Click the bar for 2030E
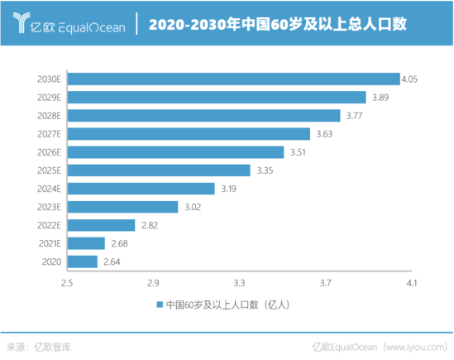(233, 79)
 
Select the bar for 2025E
(159, 170)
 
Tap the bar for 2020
(83, 262)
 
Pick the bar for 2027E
(189, 134)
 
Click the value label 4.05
(409, 79)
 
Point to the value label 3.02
(194, 207)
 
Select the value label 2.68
(120, 243)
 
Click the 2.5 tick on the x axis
(67, 283)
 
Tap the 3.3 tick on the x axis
(240, 283)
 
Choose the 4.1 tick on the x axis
(412, 283)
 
